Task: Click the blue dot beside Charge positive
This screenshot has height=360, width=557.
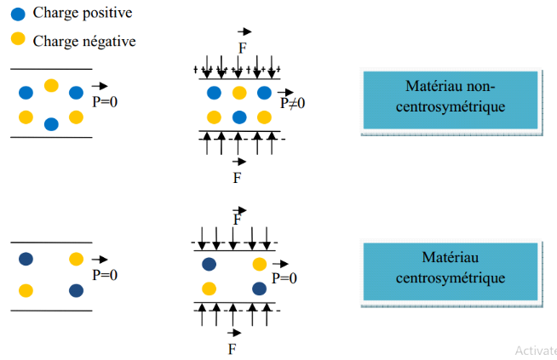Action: point(17,14)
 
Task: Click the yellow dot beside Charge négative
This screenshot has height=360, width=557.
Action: point(17,40)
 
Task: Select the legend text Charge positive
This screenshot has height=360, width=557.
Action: point(82,14)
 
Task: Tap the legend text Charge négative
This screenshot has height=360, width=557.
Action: point(84,40)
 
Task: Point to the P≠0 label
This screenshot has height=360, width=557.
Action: point(293,102)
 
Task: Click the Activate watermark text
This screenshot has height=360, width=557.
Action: point(536,350)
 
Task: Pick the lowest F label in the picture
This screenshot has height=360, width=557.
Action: point(232,349)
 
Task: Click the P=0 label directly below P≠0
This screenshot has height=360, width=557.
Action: point(285,277)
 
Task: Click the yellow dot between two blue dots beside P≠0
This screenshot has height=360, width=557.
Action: point(238,93)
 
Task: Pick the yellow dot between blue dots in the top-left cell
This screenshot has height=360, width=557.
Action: point(51,85)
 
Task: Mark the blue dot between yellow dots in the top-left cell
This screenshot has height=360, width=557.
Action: point(51,124)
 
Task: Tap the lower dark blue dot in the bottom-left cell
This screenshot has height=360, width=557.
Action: point(77,290)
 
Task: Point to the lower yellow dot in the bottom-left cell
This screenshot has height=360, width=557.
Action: point(26,290)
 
